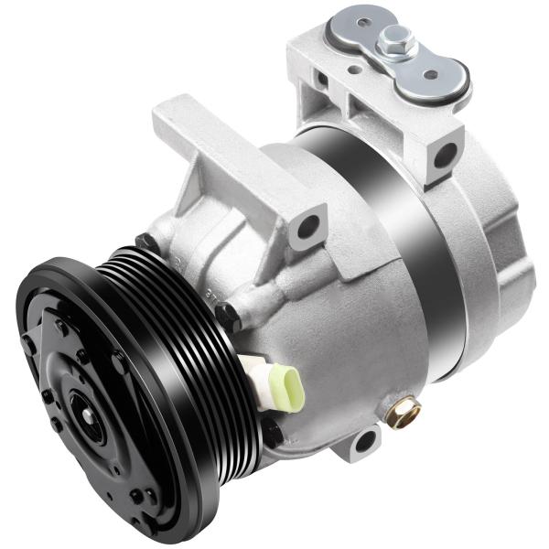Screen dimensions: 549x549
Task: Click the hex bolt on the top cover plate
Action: [398, 39]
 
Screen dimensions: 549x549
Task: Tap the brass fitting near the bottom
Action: [404, 413]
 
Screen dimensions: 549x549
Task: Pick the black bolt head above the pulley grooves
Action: [145, 243]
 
